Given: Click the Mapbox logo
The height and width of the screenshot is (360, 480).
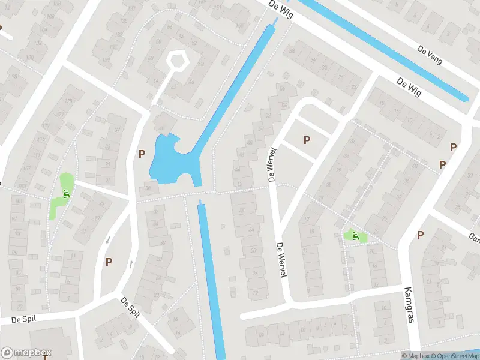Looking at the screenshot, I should click(x=26, y=353).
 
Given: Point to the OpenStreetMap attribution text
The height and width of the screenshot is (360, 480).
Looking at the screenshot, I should click(x=454, y=356).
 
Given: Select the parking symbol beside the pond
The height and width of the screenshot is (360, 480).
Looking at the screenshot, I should click(x=142, y=154).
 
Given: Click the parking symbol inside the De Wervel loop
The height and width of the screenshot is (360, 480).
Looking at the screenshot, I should click(x=307, y=140).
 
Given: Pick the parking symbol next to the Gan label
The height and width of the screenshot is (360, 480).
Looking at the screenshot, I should click(x=420, y=235).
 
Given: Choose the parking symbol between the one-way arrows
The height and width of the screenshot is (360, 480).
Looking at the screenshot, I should click(x=109, y=261).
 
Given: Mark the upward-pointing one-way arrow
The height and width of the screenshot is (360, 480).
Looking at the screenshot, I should click(x=131, y=264).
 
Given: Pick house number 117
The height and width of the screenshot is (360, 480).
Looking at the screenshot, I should click(x=46, y=125).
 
